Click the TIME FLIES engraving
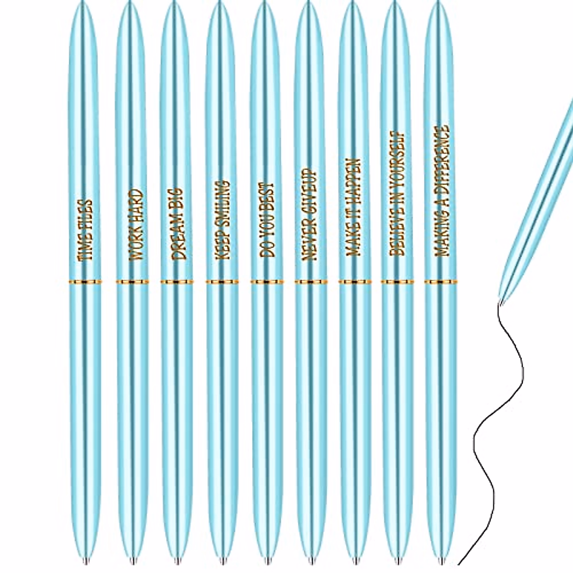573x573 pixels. pos(86,230)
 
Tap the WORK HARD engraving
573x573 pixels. pos(136,224)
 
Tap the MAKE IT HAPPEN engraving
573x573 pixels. pos(354,207)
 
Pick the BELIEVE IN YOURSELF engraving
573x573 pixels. pos(397,195)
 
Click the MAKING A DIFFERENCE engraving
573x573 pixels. pos(442,191)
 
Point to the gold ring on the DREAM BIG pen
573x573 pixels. pos(177,282)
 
